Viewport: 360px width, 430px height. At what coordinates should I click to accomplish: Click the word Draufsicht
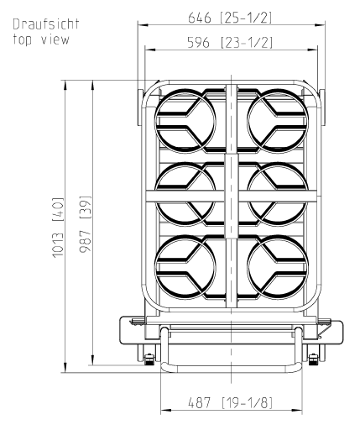coord(46,24)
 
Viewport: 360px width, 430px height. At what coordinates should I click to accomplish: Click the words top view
coord(41,39)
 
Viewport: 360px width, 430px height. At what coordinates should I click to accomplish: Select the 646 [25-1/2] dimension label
coord(230,18)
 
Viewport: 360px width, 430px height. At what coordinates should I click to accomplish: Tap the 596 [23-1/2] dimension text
coord(230,43)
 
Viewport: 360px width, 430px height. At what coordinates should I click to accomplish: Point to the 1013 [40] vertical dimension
coord(58,228)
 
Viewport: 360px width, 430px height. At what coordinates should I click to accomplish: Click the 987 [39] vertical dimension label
coord(86,224)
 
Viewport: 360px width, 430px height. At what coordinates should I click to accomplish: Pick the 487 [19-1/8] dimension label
coord(230,403)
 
